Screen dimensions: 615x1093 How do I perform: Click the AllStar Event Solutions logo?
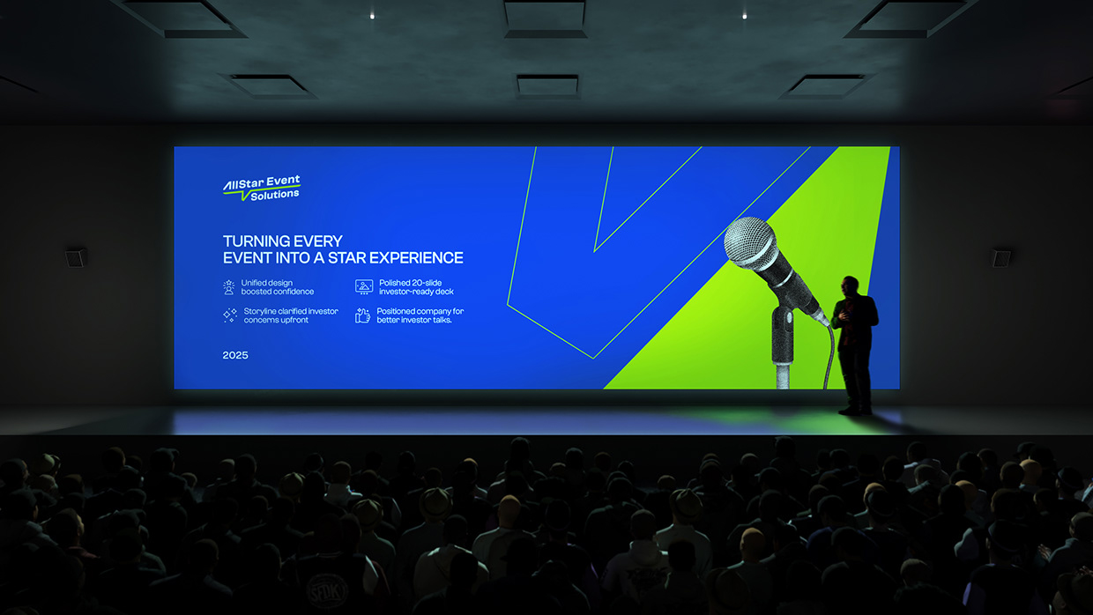261,189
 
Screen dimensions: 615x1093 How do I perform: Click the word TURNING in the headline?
253,241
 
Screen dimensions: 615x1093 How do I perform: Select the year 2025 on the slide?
235,355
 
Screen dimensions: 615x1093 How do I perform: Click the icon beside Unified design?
229,287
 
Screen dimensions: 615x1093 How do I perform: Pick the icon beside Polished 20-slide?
363,287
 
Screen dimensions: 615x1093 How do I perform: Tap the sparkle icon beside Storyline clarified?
229,315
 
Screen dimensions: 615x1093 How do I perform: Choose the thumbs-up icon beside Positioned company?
363,315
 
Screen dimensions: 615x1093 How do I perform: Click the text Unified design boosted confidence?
277,287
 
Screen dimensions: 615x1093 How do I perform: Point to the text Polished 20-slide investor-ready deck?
416,287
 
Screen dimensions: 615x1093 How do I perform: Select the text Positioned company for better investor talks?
420,315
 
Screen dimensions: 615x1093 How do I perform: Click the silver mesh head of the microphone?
750,242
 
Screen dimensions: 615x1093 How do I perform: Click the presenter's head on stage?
850,285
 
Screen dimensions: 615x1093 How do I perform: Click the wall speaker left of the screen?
76,257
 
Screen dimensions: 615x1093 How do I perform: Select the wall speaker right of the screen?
1001,257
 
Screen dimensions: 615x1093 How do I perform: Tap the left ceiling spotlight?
371,15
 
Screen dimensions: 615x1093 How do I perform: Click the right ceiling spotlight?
744,15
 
